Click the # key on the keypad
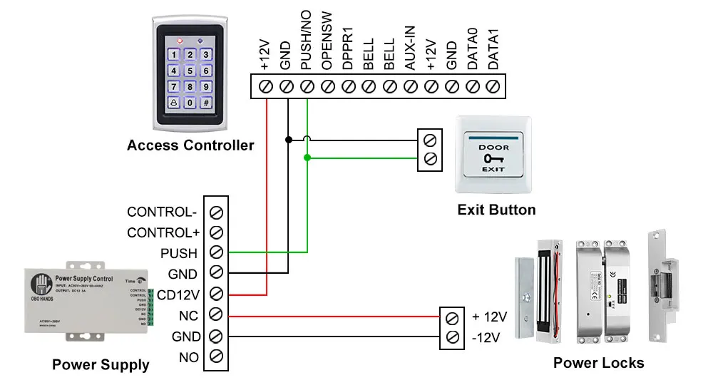click(205, 103)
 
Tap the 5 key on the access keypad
click(190, 71)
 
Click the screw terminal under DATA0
click(472, 86)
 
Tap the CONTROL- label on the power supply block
click(162, 212)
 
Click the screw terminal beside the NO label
click(216, 356)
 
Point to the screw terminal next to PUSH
click(216, 252)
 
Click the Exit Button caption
click(496, 210)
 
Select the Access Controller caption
click(190, 145)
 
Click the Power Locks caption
click(598, 363)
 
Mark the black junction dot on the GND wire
click(287, 139)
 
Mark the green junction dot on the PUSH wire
click(307, 158)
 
